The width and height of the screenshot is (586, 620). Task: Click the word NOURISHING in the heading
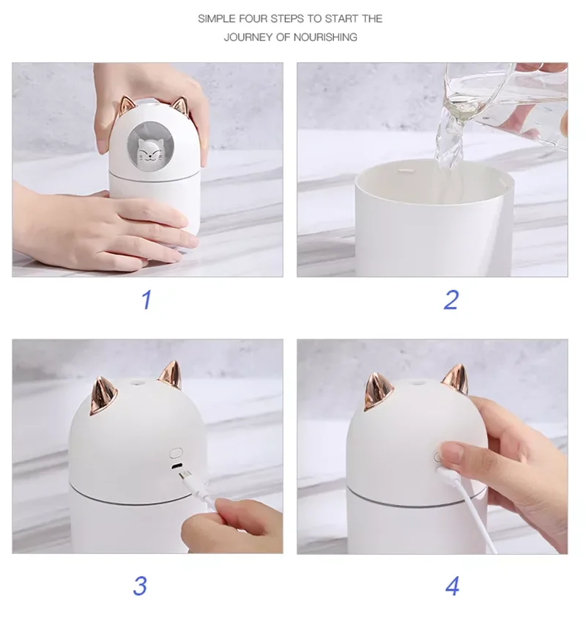tap(325, 37)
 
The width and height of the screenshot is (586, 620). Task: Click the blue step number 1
tap(146, 300)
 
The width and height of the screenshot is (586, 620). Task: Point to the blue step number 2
tap(451, 300)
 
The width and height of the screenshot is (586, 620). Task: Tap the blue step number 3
tap(140, 586)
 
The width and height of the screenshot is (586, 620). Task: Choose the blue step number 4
tap(452, 586)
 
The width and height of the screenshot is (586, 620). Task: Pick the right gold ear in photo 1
tap(179, 106)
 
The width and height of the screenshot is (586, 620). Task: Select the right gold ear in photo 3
tap(171, 374)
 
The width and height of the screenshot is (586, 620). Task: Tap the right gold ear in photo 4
tap(455, 380)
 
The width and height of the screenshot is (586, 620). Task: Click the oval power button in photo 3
tap(176, 452)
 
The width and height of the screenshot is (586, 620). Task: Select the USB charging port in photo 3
tap(177, 465)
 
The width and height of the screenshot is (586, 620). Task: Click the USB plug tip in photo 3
tap(184, 474)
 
